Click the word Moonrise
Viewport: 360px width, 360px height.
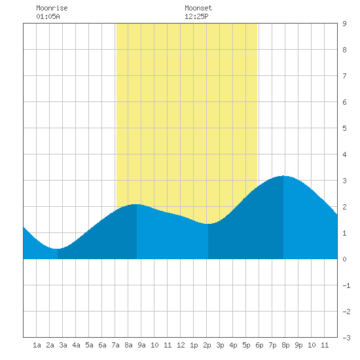[x=52, y=8]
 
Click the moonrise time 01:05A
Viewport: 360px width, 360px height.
[x=48, y=16]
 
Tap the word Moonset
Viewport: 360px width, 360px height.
[x=198, y=8]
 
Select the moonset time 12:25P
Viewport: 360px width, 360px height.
[x=196, y=16]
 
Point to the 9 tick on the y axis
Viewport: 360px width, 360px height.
[x=344, y=24]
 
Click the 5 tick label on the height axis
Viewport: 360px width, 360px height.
[x=344, y=128]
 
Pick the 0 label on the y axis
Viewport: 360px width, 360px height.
[x=344, y=259]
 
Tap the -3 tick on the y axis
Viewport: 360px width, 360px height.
[x=346, y=338]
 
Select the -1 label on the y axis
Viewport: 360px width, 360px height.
[x=346, y=285]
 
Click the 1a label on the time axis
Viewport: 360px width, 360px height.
[x=37, y=345]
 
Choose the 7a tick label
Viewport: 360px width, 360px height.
[x=115, y=345]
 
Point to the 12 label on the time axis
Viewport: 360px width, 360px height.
[x=181, y=345]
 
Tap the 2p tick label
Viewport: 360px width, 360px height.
[x=207, y=345]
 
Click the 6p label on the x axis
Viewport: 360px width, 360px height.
[x=259, y=345]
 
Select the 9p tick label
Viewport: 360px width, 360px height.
[x=298, y=345]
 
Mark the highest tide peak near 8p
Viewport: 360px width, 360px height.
[x=283, y=176]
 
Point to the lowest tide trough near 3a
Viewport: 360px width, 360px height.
[x=58, y=249]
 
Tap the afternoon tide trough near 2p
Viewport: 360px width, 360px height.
[x=208, y=224]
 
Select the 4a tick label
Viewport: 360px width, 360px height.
[x=76, y=345]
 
